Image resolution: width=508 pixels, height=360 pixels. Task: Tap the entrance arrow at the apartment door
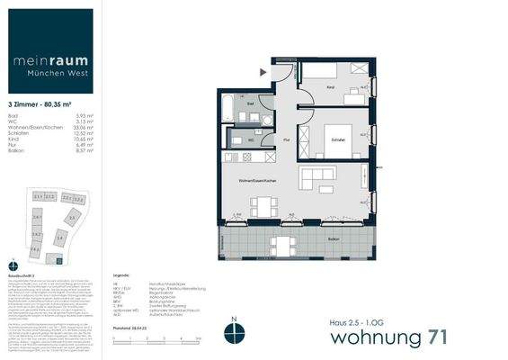pos(263,70)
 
